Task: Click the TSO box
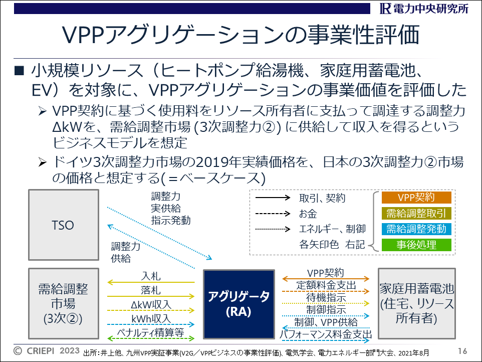pos(64,225)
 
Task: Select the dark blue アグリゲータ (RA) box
pos(239,304)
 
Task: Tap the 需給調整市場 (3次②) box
pos(64,303)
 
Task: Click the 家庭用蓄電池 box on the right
pos(416,303)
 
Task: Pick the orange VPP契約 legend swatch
pos(416,198)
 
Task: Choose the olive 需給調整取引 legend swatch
pos(416,213)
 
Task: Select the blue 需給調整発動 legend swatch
pos(416,229)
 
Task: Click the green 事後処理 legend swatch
pos(416,245)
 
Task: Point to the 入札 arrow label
pos(151,276)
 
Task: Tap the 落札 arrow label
pos(151,290)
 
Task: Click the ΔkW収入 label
pos(151,304)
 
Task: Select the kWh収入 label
pos(151,319)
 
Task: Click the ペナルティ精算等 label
pos(151,332)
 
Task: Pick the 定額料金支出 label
pos(326,285)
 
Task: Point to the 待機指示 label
pos(326,297)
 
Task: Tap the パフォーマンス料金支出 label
pos(326,334)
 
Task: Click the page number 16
pos(462,351)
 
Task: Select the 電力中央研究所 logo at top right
pos(424,9)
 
